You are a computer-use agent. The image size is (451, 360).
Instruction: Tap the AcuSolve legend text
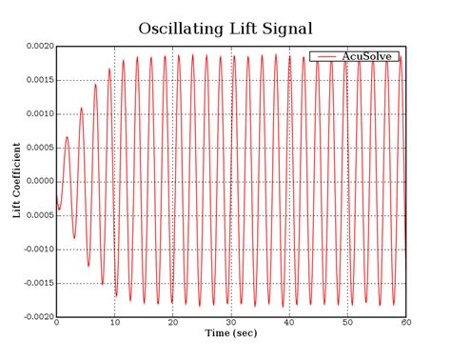click(x=370, y=56)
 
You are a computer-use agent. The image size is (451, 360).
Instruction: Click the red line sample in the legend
click(x=326, y=56)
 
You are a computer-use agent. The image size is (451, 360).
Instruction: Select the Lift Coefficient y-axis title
click(x=16, y=181)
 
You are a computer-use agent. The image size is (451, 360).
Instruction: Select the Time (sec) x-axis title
click(x=231, y=333)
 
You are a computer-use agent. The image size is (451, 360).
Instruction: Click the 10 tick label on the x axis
click(x=114, y=323)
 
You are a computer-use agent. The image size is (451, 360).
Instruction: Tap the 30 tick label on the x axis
click(x=230, y=323)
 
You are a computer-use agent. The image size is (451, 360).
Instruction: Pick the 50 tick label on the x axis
click(x=347, y=323)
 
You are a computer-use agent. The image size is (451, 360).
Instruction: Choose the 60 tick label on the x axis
click(x=405, y=323)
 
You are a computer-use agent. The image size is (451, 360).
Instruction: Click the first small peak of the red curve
click(x=67, y=137)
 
